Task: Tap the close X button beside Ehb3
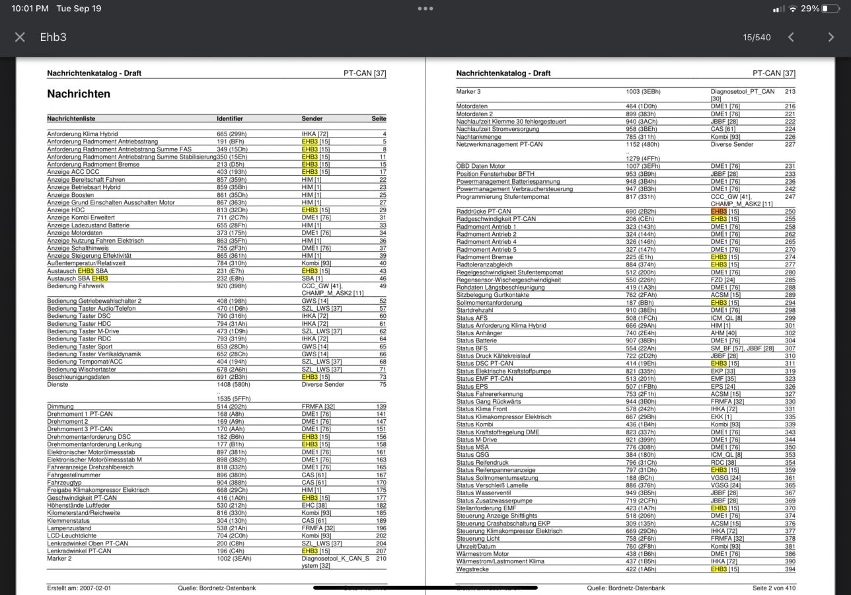point(20,37)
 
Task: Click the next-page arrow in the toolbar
point(831,37)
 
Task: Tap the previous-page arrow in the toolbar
point(791,37)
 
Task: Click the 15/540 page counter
point(757,37)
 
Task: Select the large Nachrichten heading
point(79,94)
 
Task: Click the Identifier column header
point(230,119)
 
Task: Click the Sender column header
point(313,119)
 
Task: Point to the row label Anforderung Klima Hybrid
point(83,134)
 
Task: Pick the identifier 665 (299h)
point(231,134)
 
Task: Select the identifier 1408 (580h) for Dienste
point(233,384)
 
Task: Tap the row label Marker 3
point(468,91)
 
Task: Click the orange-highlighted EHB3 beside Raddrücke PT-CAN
point(719,212)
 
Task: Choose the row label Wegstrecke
point(472,569)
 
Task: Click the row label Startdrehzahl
point(474,310)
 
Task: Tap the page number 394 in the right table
point(790,569)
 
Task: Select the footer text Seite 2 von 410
point(774,588)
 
